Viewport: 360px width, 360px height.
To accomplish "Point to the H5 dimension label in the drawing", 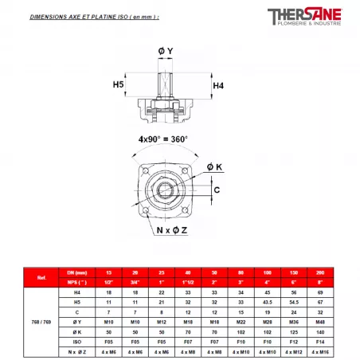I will (119, 84).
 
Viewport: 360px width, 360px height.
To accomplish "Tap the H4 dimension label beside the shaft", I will (218, 84).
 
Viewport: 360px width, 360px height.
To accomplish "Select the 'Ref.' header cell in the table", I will (41, 278).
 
